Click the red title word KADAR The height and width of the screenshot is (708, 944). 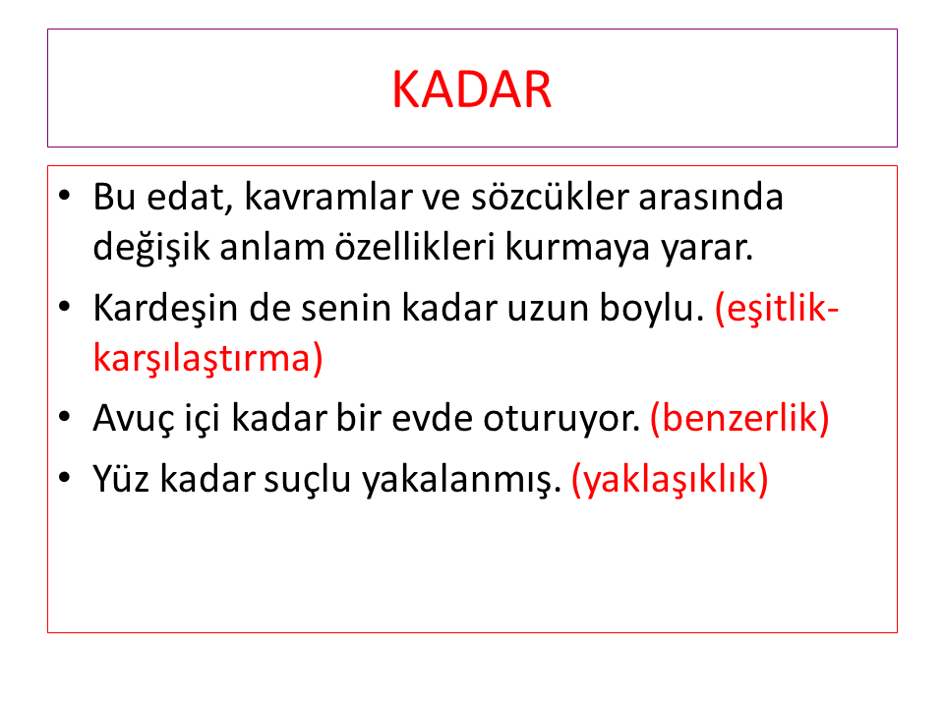[x=472, y=89]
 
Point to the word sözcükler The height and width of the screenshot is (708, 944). [x=550, y=197]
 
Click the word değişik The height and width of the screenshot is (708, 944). [x=150, y=248]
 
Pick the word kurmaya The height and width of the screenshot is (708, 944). [x=577, y=248]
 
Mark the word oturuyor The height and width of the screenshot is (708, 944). [x=561, y=419]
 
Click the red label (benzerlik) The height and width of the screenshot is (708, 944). [x=739, y=419]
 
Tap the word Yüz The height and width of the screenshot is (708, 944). [x=121, y=480]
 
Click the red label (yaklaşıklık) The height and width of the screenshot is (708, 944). [x=670, y=480]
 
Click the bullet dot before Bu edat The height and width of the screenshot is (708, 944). [x=65, y=195]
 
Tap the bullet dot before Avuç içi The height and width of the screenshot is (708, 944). [x=65, y=417]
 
